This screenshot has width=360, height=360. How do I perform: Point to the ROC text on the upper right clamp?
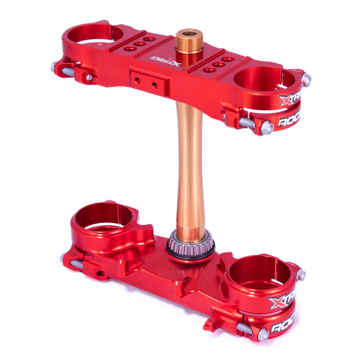288,121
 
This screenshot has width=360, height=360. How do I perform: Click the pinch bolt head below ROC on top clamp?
266,128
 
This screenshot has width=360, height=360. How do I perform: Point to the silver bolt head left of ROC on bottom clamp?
262,334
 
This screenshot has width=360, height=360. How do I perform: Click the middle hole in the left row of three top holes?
139,44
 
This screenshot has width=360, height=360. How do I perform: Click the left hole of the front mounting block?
137,80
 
